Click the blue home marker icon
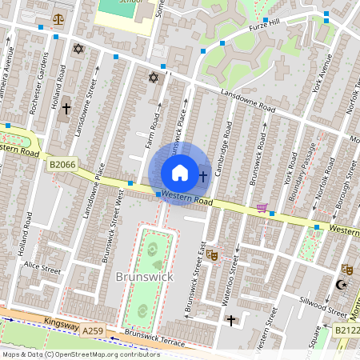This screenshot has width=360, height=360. [x=180, y=173]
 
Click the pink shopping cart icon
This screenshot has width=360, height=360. [x=262, y=209]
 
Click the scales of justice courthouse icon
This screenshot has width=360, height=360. [x=58, y=18]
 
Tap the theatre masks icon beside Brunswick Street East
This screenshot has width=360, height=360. [x=212, y=254]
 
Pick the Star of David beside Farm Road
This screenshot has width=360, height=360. [x=154, y=78]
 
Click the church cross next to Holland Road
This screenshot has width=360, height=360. [x=66, y=106]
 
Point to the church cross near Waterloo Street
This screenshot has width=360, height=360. [x=231, y=320]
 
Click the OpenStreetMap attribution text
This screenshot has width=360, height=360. [x=80, y=354]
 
